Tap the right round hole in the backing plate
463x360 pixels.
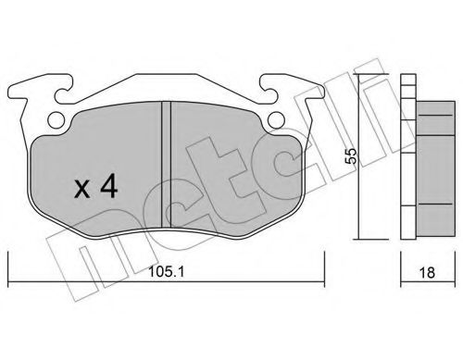point(277,119)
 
